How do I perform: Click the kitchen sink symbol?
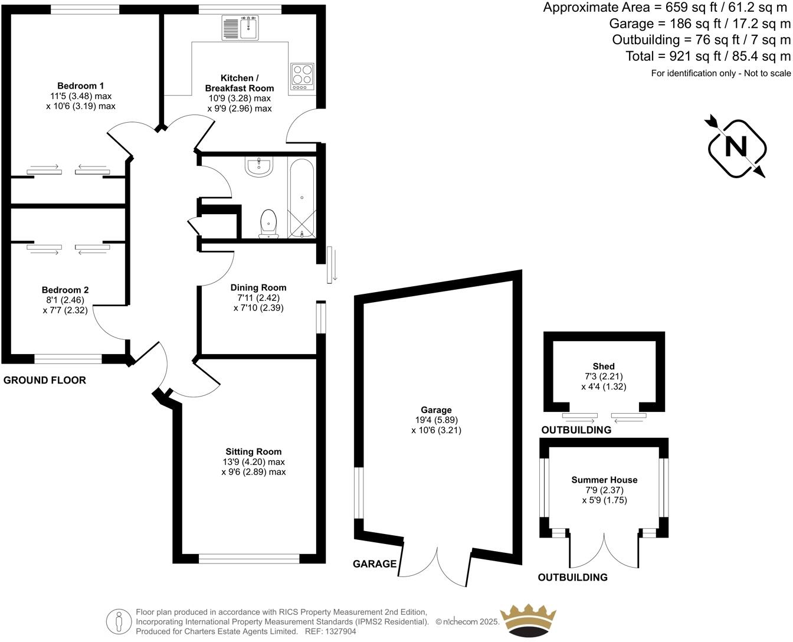click(240, 27)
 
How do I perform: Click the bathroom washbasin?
click(259, 167)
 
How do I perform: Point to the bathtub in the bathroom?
click(302, 198)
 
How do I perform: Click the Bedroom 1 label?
click(81, 86)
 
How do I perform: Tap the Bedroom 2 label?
click(65, 290)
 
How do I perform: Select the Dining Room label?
click(258, 288)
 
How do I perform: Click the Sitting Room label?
click(254, 451)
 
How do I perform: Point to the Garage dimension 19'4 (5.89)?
click(436, 420)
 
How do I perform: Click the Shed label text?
click(604, 366)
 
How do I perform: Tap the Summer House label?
click(604, 480)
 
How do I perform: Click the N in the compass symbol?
click(736, 146)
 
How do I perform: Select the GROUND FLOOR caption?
click(45, 380)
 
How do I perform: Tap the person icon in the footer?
click(119, 621)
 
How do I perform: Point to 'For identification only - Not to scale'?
click(720, 73)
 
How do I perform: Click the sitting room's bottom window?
click(249, 558)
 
